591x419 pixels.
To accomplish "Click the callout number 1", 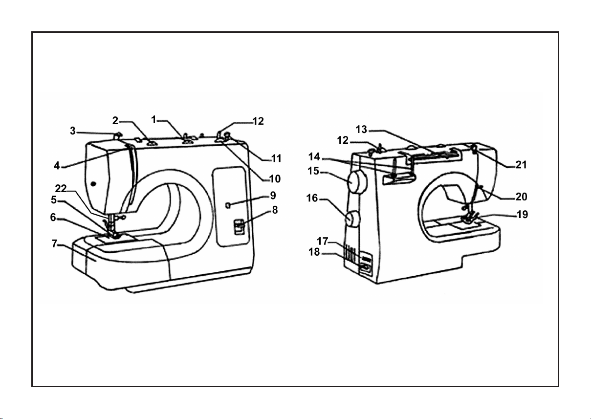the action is [153, 120].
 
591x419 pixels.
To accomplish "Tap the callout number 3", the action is [73, 131].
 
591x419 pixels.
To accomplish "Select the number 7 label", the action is [54, 243].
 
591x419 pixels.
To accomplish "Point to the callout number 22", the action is [61, 188].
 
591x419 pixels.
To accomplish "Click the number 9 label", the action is [273, 196].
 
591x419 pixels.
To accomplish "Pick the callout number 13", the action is [361, 130].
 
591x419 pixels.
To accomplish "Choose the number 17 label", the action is [322, 241].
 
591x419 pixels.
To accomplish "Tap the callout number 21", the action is [521, 165].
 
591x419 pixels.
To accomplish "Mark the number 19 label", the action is [522, 215].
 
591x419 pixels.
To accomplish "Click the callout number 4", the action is [57, 166].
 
